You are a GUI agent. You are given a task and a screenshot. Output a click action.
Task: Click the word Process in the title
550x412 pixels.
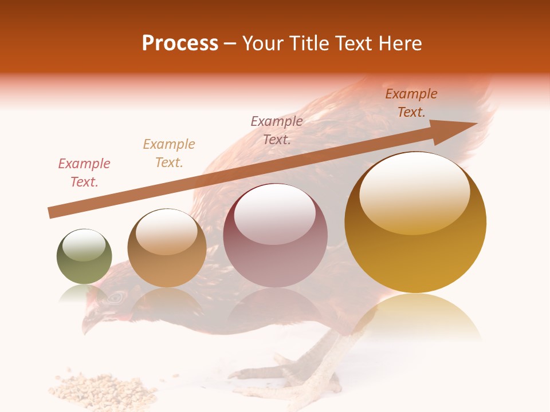click(180, 43)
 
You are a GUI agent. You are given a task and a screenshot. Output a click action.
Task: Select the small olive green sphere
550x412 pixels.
click(84, 256)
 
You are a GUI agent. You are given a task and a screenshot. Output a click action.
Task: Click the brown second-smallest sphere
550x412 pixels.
click(167, 248)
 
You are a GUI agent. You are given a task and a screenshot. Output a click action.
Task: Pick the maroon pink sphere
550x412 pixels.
click(275, 235)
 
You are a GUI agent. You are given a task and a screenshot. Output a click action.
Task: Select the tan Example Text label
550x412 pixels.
click(169, 153)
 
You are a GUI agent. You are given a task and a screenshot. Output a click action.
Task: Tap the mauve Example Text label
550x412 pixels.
click(277, 130)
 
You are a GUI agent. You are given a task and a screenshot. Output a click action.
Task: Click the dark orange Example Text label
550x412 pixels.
click(411, 103)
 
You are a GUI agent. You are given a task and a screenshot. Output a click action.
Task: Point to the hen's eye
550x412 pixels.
click(116, 296)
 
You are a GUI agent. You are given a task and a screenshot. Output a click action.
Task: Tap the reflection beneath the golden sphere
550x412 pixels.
click(415, 315)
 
